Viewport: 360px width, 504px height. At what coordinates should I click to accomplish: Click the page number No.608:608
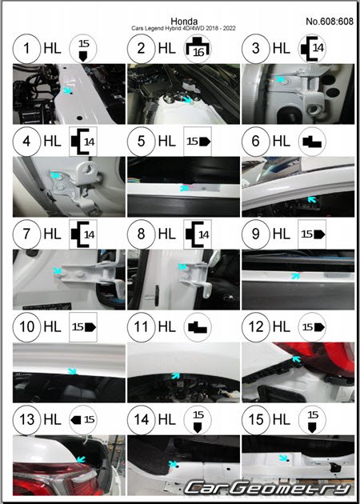click(330, 22)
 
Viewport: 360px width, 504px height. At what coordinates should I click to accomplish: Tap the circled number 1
click(26, 48)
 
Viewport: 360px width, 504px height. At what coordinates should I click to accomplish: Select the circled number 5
click(141, 141)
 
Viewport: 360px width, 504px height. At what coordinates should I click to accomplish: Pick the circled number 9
click(256, 234)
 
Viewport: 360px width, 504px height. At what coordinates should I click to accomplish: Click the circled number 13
click(26, 419)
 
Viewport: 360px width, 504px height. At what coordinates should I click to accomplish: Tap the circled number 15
click(256, 419)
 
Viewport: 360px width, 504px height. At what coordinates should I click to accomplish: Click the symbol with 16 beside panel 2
click(198, 48)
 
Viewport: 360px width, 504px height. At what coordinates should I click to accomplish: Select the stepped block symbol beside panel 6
click(312, 142)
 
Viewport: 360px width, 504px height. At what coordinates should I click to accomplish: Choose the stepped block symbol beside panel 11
click(198, 327)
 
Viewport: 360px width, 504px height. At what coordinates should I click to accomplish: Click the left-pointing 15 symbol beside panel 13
click(83, 419)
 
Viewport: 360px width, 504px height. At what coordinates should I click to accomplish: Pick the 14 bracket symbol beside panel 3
click(312, 48)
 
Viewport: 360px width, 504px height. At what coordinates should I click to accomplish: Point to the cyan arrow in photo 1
click(67, 90)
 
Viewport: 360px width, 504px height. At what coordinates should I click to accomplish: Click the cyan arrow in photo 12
click(296, 359)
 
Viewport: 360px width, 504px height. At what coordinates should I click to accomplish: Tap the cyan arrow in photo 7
click(58, 271)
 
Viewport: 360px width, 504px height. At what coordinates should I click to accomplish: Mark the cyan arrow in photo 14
click(174, 463)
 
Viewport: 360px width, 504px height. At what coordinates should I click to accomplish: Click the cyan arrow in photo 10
click(73, 371)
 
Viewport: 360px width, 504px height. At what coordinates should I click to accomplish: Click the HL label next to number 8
click(167, 234)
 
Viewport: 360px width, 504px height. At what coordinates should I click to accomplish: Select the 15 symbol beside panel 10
click(83, 327)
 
